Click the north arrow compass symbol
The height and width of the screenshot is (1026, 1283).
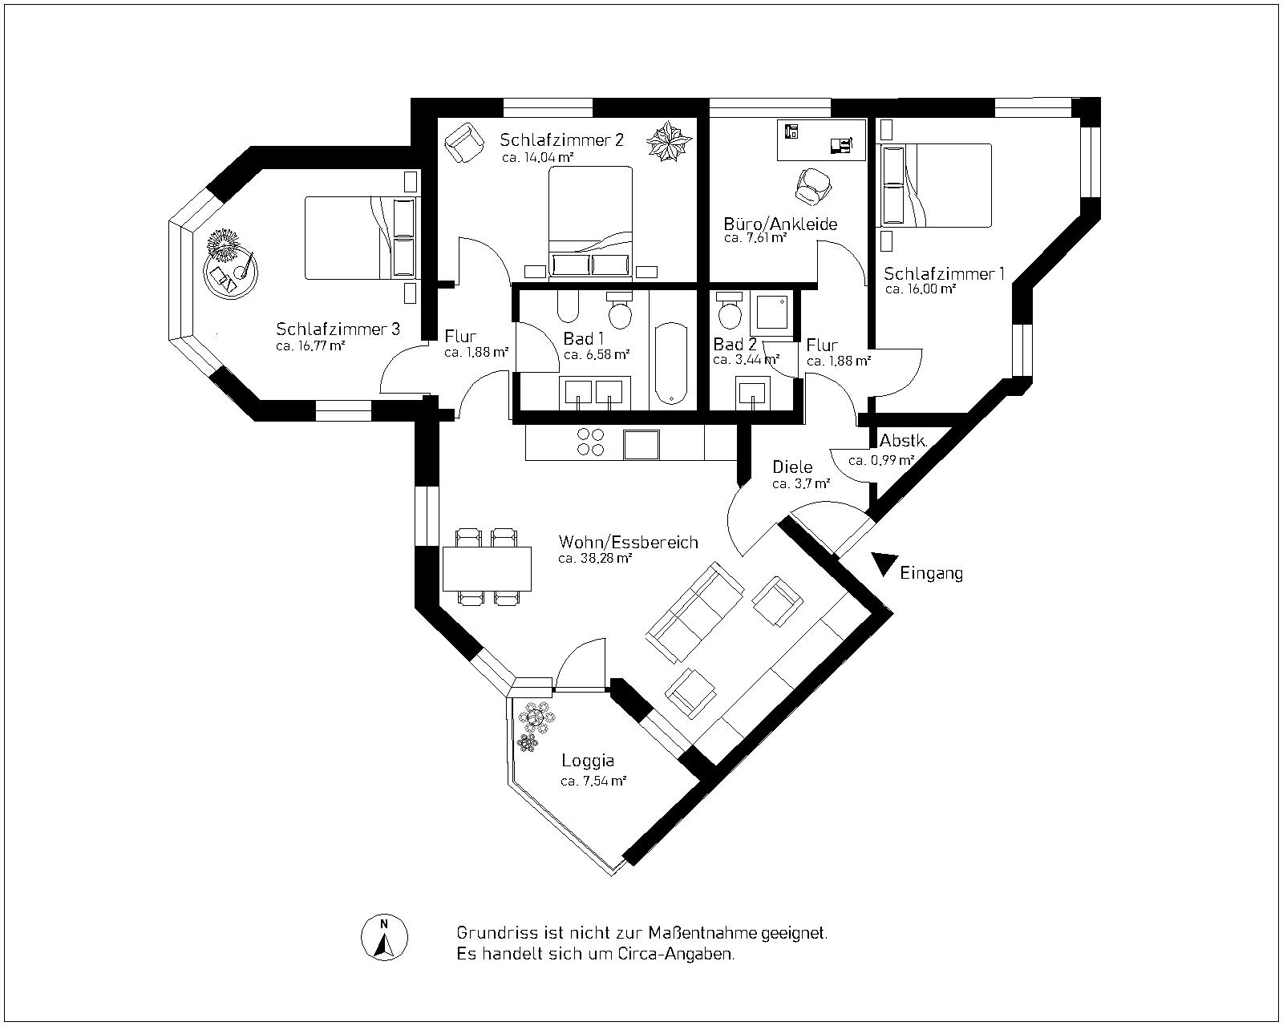tap(384, 936)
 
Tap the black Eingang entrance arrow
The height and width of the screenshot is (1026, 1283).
tap(884, 563)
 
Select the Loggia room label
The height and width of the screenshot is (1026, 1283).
tap(588, 761)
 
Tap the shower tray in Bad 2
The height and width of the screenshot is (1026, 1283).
tap(772, 315)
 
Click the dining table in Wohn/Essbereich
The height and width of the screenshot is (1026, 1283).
tap(487, 568)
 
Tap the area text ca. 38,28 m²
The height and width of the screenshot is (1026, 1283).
tap(595, 559)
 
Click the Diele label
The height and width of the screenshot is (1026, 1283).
tap(792, 467)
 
